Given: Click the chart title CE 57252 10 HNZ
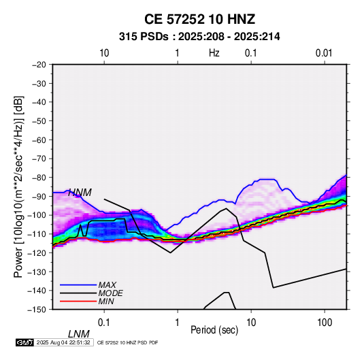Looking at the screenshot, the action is [x=199, y=19].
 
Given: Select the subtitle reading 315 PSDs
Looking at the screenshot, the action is [x=144, y=37].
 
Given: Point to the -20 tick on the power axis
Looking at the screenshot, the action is [x=39, y=65].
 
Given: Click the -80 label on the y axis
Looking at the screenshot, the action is [x=39, y=178].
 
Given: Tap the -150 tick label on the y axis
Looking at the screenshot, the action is [x=37, y=310].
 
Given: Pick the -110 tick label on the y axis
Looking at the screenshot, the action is [x=37, y=234].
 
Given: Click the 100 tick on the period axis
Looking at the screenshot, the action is [x=325, y=323].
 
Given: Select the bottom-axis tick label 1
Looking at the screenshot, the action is [x=178, y=323].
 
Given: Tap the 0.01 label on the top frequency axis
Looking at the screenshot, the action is [x=324, y=53].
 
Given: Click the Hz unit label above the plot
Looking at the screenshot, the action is [x=214, y=53].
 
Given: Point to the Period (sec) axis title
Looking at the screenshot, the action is [x=214, y=330].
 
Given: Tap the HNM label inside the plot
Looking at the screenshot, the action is [x=80, y=193].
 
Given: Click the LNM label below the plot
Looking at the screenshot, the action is [x=78, y=334].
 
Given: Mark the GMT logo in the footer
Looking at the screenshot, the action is [x=25, y=342].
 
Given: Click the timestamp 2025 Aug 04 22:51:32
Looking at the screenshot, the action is [x=63, y=342].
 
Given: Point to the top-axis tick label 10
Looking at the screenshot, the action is [x=104, y=53].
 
